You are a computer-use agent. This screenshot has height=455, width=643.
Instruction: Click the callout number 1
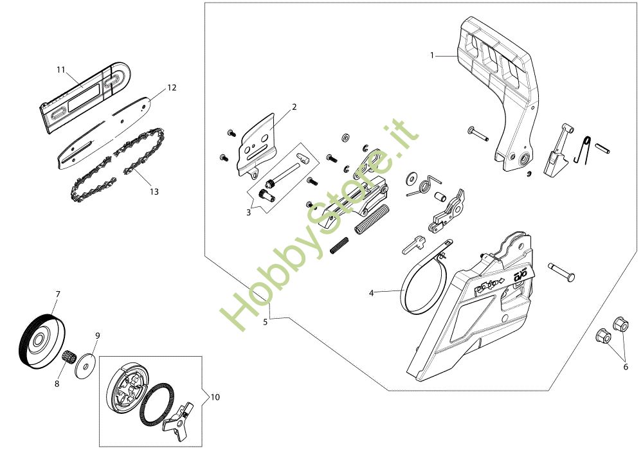(432, 55)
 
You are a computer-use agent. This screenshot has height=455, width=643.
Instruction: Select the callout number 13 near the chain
(154, 192)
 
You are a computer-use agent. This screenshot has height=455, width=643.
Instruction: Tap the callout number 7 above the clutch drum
(58, 294)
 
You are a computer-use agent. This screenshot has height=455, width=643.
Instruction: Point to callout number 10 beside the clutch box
(215, 397)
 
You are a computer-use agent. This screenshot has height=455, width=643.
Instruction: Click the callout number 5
(266, 322)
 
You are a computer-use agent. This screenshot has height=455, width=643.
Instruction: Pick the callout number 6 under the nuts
(626, 367)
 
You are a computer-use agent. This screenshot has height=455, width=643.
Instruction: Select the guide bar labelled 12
(105, 132)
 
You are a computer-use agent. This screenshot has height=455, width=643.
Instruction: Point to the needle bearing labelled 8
(69, 356)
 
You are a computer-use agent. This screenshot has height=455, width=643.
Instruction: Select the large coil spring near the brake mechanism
(371, 219)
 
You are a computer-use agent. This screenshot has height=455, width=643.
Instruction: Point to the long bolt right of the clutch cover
(561, 271)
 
